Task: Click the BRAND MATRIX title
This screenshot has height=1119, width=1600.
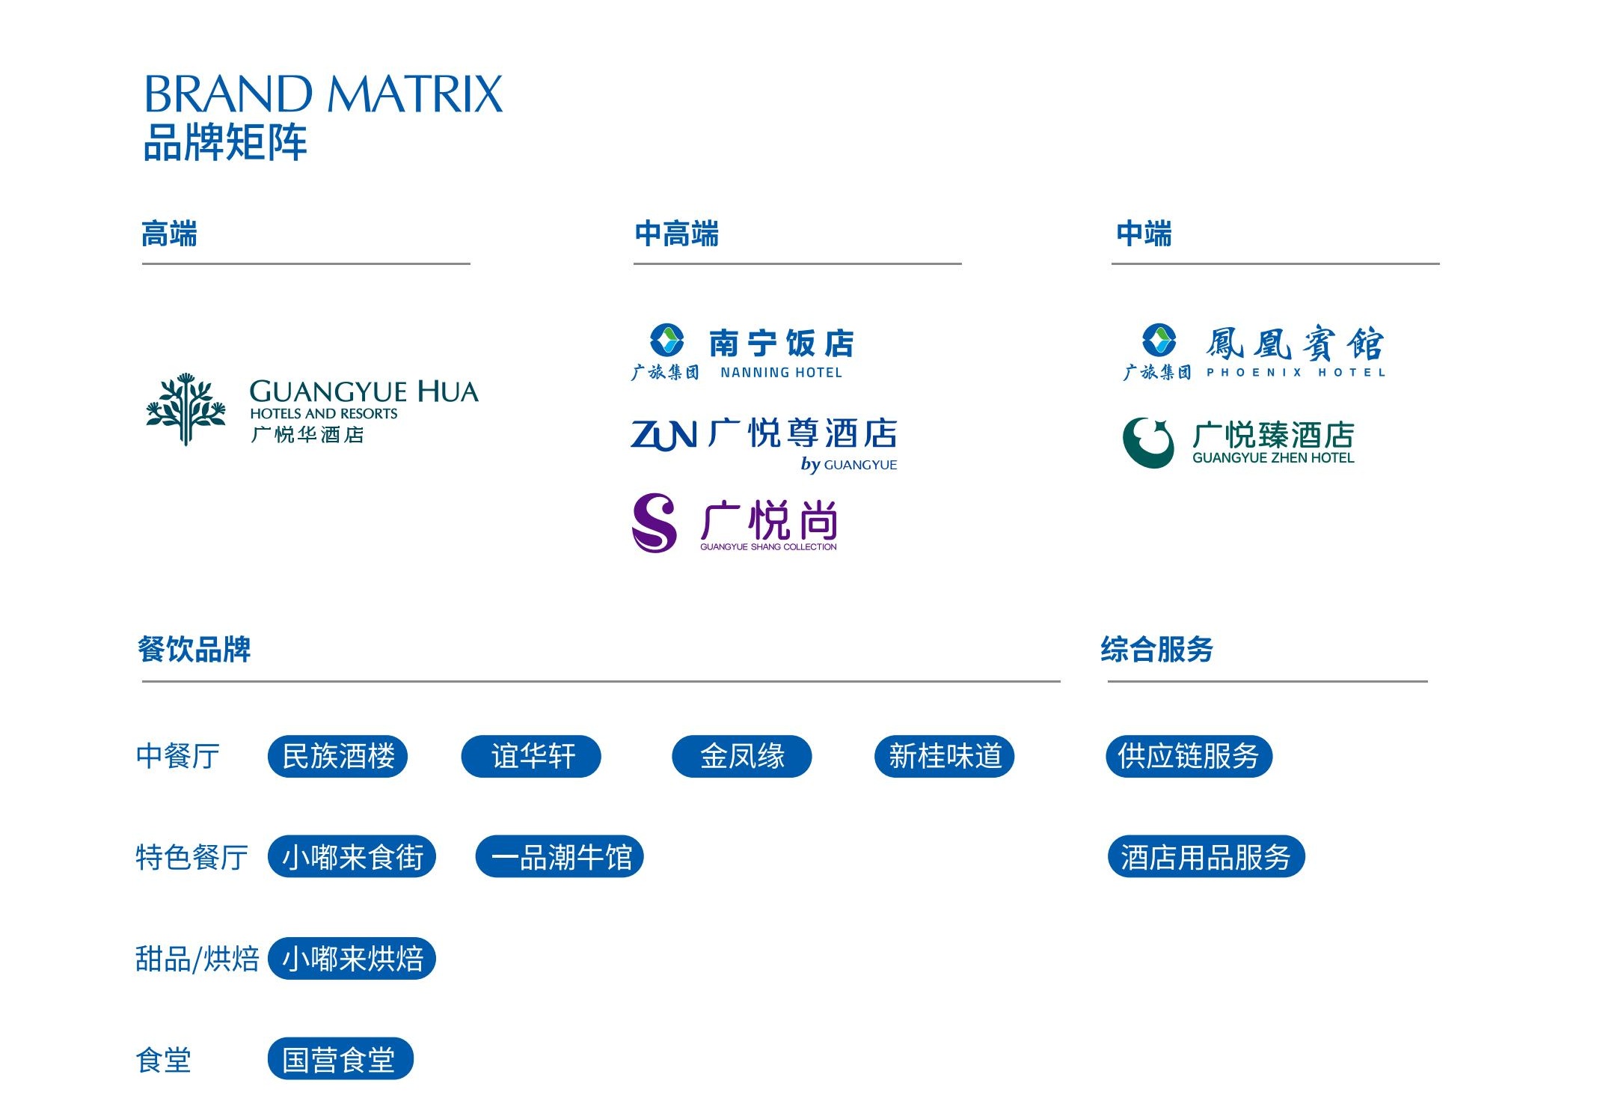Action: pos(323,94)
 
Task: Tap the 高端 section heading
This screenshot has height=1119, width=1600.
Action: pos(169,234)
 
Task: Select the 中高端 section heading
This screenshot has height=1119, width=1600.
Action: pos(676,234)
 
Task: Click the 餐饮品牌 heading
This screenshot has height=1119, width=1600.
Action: pos(194,649)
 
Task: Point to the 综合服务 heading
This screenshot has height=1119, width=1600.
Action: pos(1156,649)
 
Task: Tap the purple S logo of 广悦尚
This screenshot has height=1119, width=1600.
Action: pos(655,522)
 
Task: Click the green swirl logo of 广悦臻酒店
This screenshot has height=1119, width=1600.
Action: pos(1148,442)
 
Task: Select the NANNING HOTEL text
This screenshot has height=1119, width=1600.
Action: pos(781,373)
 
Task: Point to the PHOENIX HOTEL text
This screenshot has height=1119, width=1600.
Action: pos(1296,373)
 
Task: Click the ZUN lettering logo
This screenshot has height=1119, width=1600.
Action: pos(663,435)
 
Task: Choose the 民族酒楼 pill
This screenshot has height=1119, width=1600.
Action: pos(338,757)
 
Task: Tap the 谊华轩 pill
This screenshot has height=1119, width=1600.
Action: pos(531,757)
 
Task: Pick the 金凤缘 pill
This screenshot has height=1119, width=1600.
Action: pos(742,757)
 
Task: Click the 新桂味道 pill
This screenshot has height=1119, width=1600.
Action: pos(944,757)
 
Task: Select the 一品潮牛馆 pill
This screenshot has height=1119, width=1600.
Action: pos(560,857)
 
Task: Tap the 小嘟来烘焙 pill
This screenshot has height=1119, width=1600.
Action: pos(352,959)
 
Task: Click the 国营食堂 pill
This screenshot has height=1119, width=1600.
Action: pos(340,1059)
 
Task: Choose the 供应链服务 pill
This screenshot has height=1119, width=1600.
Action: pos(1189,757)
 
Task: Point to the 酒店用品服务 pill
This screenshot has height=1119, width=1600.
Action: pos(1206,857)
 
